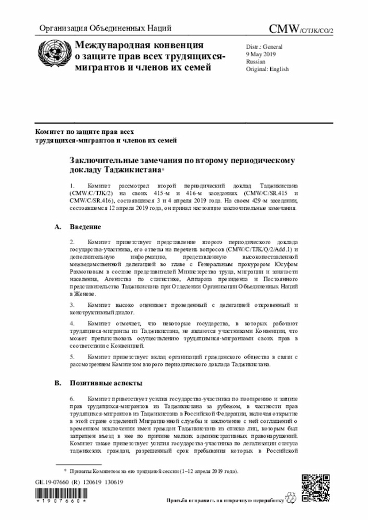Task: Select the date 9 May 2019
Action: pos(261,53)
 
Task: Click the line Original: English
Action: pos(267,69)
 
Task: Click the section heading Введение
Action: pos(89,228)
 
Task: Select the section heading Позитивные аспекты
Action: pos(106,383)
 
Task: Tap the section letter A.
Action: pos(57,228)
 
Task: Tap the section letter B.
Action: pos(57,383)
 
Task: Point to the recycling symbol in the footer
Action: pos(293,499)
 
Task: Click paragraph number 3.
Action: pos(72,305)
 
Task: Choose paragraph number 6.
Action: pos(72,398)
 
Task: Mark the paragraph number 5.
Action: pos(72,357)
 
